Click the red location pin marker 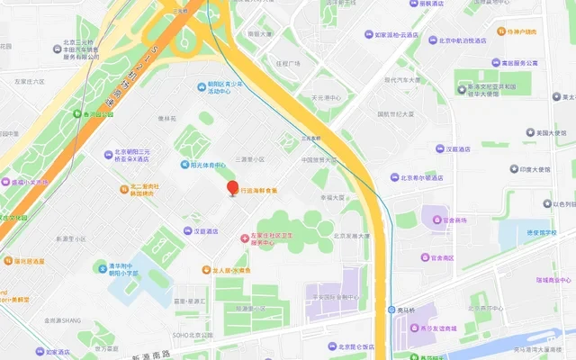232,188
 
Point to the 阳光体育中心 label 207,165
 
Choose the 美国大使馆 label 549,132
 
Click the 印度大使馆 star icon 511,169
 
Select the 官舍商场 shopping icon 435,220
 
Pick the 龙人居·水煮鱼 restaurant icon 205,269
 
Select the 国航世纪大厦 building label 395,114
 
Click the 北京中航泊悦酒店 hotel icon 431,40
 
